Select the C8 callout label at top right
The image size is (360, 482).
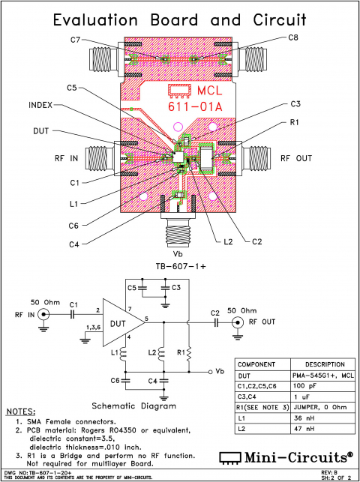(x=293, y=37)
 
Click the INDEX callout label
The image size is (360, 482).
(x=42, y=106)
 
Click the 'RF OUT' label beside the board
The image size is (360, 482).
(x=296, y=158)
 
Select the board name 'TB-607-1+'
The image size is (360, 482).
(x=180, y=267)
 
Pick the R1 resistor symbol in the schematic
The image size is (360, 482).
(x=190, y=352)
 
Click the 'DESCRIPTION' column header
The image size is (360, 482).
(x=309, y=364)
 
